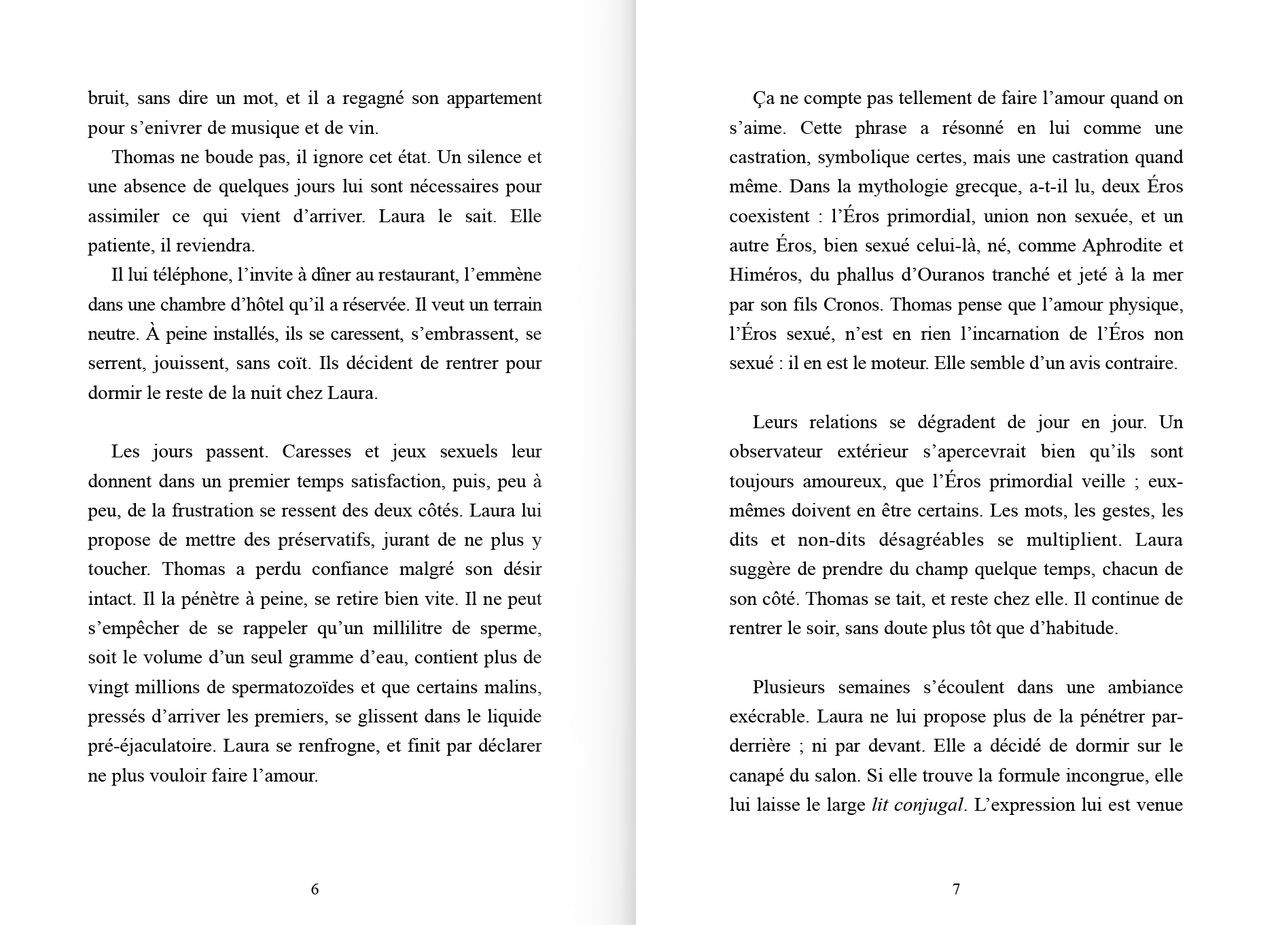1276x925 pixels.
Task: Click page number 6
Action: coord(315,889)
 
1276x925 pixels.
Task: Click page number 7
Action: coord(956,889)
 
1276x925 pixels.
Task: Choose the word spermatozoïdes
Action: coord(289,687)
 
